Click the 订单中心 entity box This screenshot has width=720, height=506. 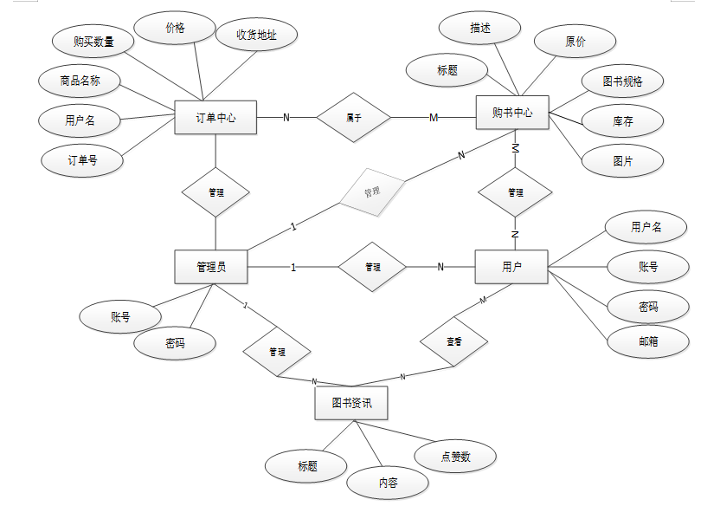pos(216,118)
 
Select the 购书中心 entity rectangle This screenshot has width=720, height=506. pos(513,113)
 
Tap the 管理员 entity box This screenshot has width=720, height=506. pos(211,267)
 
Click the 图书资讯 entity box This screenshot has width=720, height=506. pos(350,403)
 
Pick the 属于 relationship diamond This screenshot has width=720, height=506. pos(353,117)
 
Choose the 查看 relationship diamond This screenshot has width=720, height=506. pos(453,342)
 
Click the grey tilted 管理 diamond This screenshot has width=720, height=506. pos(372,190)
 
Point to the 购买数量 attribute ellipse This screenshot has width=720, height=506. pos(93,40)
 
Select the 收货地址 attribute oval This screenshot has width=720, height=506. pos(256,35)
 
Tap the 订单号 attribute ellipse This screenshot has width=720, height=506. pos(82,159)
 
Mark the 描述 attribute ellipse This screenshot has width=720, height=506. pos(480,29)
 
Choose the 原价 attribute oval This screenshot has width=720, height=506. pos(575,41)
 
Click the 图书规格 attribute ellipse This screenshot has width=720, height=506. pos(622,81)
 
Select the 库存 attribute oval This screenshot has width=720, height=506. pos(622,121)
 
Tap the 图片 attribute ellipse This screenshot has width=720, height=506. pos(622,160)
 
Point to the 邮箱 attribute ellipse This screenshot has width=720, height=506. pos(647,341)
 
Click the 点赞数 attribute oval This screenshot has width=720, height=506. pos(455,457)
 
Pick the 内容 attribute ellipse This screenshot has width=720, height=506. pos(388,483)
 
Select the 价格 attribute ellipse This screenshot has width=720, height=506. pos(175,28)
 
